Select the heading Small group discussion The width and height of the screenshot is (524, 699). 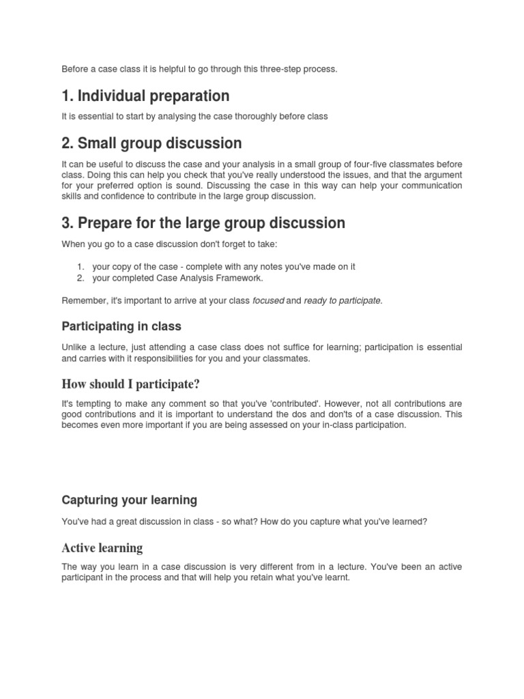151,143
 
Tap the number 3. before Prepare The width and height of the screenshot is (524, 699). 68,223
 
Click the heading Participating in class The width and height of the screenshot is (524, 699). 121,326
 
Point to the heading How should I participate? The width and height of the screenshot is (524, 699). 130,384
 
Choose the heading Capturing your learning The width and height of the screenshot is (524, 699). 130,500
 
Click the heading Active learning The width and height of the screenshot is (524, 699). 102,547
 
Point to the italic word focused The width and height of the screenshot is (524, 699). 268,300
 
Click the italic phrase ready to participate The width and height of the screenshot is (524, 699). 343,300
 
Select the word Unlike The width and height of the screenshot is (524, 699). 74,347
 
